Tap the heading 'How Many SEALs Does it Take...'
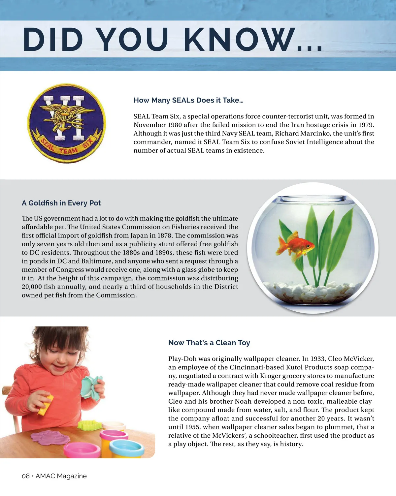coord(188,100)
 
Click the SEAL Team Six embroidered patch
coord(66,123)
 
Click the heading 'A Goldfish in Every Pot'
coord(61,203)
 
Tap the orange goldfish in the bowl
coord(296,246)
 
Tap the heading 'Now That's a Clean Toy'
coord(209,343)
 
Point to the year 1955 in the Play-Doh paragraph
coord(191,427)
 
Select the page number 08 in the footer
coord(25,476)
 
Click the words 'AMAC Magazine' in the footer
coord(61,476)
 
